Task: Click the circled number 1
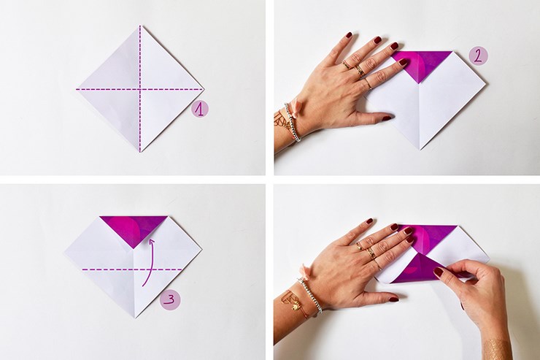point(200,109)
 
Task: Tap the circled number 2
point(479,56)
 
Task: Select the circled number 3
point(171,300)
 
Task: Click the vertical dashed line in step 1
point(140,88)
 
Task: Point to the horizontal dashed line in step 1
point(140,90)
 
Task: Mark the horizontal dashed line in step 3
point(131,269)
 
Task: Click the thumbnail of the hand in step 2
point(387,118)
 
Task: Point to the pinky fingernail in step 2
point(349,35)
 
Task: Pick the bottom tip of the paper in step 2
point(420,150)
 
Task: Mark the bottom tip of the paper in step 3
point(135,318)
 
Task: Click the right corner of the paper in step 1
point(204,89)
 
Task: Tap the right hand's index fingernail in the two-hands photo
point(439,273)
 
